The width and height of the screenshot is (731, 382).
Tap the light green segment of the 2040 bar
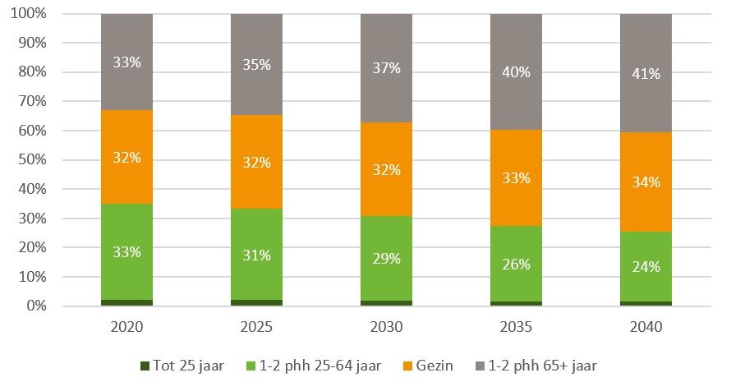[x=646, y=246]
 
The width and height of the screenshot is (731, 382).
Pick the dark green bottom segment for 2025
[x=256, y=302]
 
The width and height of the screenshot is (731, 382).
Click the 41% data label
[x=646, y=74]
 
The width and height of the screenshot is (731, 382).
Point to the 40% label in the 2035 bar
[x=516, y=72]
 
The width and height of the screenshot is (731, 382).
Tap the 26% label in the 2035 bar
[x=516, y=265]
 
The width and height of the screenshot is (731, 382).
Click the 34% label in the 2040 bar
[x=646, y=182]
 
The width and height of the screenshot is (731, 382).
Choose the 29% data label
[x=386, y=259]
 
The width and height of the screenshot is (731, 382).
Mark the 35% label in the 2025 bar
[x=256, y=65]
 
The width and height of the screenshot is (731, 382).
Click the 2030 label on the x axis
[x=386, y=327]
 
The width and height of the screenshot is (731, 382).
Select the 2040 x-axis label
[x=646, y=327]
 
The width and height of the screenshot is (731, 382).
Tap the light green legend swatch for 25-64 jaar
[x=251, y=365]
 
